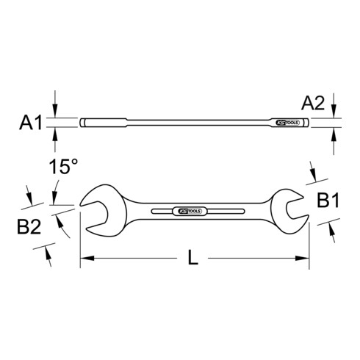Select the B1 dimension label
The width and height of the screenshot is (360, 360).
coord(328,198)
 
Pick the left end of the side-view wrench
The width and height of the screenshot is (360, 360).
coord(84,123)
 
